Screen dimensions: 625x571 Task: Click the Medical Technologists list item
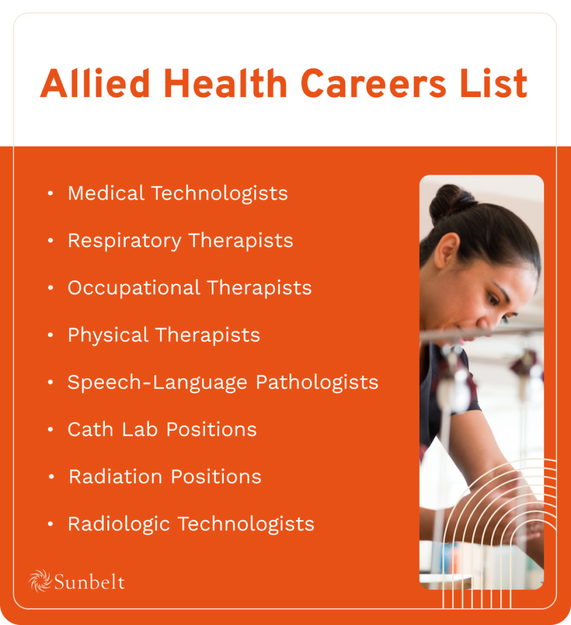coord(178,193)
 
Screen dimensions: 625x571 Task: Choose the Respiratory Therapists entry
coord(180,240)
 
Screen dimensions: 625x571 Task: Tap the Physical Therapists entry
coord(163,335)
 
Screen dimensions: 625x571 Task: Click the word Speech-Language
coord(158,383)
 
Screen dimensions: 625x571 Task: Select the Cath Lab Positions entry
coord(162,430)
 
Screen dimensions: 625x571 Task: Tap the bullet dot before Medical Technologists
coord(51,193)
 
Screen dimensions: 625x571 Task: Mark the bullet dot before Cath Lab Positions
coord(51,430)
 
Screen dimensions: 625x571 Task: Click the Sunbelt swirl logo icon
coord(40,580)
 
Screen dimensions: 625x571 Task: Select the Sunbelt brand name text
coord(89,582)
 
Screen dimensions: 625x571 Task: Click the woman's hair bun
coord(452,203)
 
